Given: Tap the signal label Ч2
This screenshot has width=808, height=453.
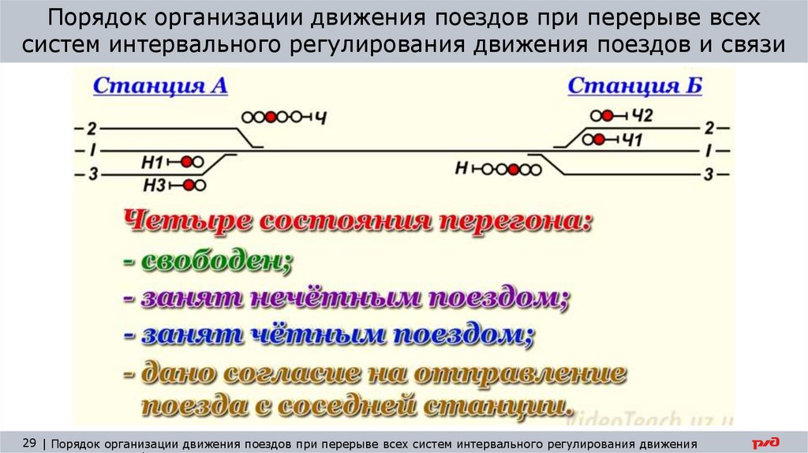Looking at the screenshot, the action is (643, 116).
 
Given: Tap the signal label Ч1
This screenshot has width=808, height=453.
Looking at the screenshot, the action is (634, 140).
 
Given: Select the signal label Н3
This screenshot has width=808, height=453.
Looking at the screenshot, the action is (154, 185).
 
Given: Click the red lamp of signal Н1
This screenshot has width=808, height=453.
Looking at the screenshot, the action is (187, 162).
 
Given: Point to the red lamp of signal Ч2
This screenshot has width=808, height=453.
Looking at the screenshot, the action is (607, 115).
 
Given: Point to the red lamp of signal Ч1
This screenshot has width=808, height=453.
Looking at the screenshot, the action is (600, 140).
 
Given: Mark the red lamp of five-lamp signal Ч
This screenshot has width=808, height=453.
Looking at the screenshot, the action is (271, 117).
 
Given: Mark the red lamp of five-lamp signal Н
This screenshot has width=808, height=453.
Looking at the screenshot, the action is (513, 168).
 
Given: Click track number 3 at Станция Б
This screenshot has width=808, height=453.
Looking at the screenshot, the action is (709, 174).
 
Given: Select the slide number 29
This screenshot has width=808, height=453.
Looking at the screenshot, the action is (30, 441).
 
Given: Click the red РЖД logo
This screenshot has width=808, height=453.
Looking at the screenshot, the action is (764, 442).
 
